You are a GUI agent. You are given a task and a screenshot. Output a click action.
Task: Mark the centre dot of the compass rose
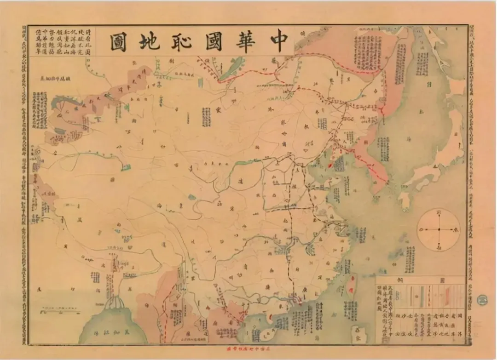click(x=439, y=229)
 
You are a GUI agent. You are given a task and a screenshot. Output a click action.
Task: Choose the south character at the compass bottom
click(x=439, y=247)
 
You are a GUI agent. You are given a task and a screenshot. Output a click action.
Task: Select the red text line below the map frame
click(x=248, y=350)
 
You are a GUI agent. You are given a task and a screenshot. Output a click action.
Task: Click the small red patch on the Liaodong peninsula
click(x=329, y=165)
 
